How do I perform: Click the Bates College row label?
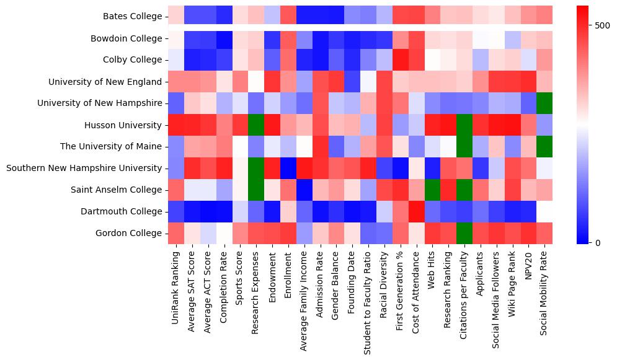pyautogui.click(x=133, y=16)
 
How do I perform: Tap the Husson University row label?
pyautogui.click(x=124, y=125)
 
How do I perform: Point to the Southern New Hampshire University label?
pyautogui.click(x=84, y=168)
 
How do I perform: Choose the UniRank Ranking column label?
pyautogui.click(x=176, y=286)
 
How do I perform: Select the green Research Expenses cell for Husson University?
pyautogui.click(x=256, y=125)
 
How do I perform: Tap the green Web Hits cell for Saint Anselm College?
pyautogui.click(x=432, y=190)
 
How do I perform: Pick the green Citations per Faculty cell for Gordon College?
pyautogui.click(x=464, y=233)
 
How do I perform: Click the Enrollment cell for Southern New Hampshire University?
pyautogui.click(x=288, y=168)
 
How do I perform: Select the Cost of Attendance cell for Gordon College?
pyautogui.click(x=416, y=233)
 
